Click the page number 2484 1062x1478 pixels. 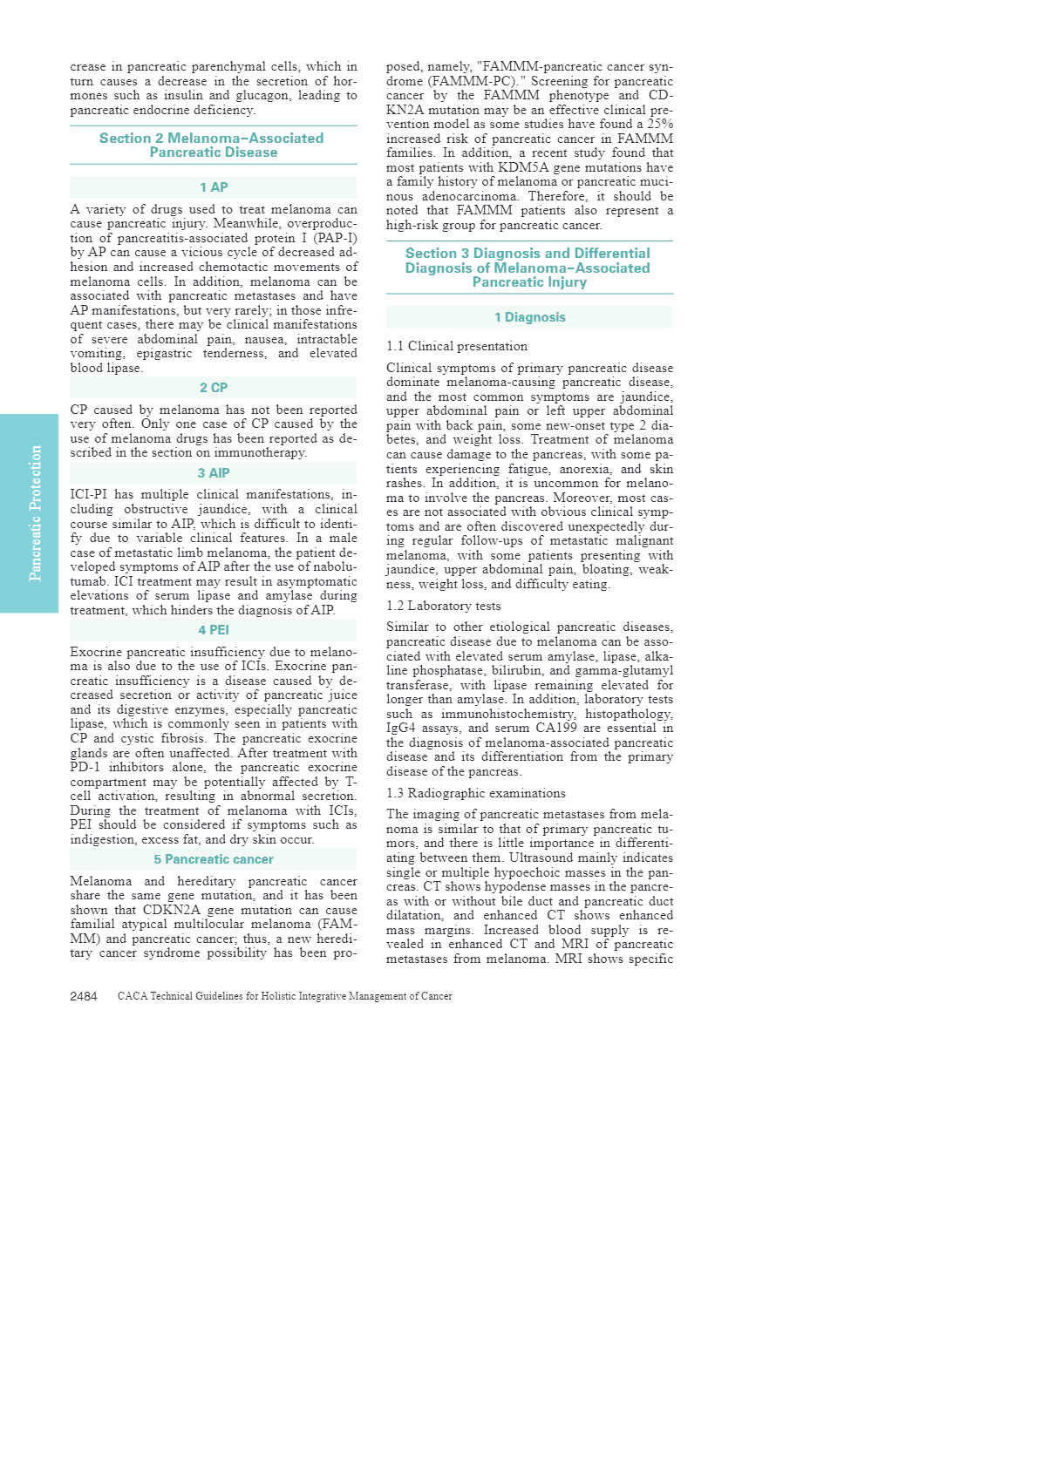(x=84, y=996)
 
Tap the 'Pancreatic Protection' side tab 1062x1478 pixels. (x=34, y=513)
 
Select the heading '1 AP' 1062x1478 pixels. (x=214, y=187)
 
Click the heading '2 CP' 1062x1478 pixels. (x=214, y=388)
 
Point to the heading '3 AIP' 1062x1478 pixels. (x=214, y=473)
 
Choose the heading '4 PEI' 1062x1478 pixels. (x=214, y=630)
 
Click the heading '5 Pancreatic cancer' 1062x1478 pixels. (x=214, y=859)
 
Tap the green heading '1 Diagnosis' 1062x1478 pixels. (x=529, y=317)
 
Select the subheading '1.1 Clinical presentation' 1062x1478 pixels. (x=457, y=346)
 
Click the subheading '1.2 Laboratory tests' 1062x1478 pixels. (x=444, y=606)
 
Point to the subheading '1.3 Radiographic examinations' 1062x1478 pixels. (x=476, y=793)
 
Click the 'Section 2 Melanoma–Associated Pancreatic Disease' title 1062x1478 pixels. (x=213, y=145)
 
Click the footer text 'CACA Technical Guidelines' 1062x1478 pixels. (x=284, y=996)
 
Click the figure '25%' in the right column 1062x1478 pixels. (x=660, y=124)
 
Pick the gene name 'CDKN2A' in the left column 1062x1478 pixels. (x=171, y=910)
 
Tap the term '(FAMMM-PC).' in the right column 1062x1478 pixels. (x=472, y=81)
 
